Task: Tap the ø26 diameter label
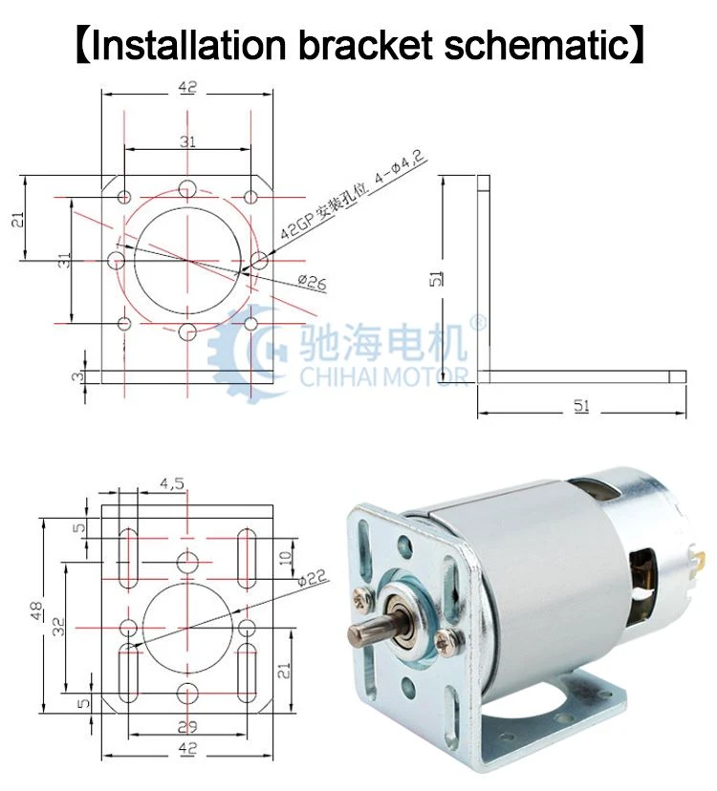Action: tap(312, 282)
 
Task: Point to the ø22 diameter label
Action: tap(312, 577)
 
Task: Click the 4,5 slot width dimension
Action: tap(172, 483)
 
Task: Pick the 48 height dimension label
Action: tap(38, 611)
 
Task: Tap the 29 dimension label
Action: tap(187, 727)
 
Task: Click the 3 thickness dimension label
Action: tap(77, 376)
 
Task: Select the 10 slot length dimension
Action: tap(285, 558)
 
